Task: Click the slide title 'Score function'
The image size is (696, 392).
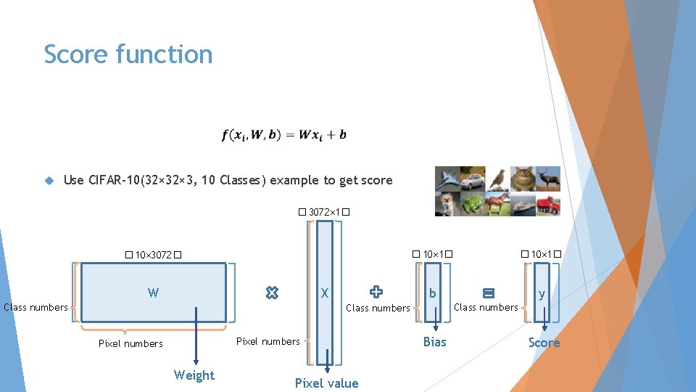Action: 128,54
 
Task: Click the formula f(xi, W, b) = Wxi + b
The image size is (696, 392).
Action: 284,135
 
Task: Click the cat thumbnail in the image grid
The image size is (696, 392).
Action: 523,179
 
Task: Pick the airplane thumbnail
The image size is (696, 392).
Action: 447,179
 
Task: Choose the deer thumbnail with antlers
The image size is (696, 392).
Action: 548,179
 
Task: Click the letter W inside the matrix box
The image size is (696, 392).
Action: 153,293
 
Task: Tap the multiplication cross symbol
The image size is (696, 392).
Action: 272,293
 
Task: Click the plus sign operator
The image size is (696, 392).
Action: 376,292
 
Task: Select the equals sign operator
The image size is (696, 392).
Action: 488,293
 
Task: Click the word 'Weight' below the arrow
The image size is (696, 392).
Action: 194,375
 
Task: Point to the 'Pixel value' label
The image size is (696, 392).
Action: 326,383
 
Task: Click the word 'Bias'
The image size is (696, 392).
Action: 434,342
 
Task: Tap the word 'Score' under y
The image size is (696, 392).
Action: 544,343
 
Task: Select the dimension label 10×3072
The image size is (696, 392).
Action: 152,256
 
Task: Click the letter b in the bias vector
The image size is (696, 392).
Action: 433,293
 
